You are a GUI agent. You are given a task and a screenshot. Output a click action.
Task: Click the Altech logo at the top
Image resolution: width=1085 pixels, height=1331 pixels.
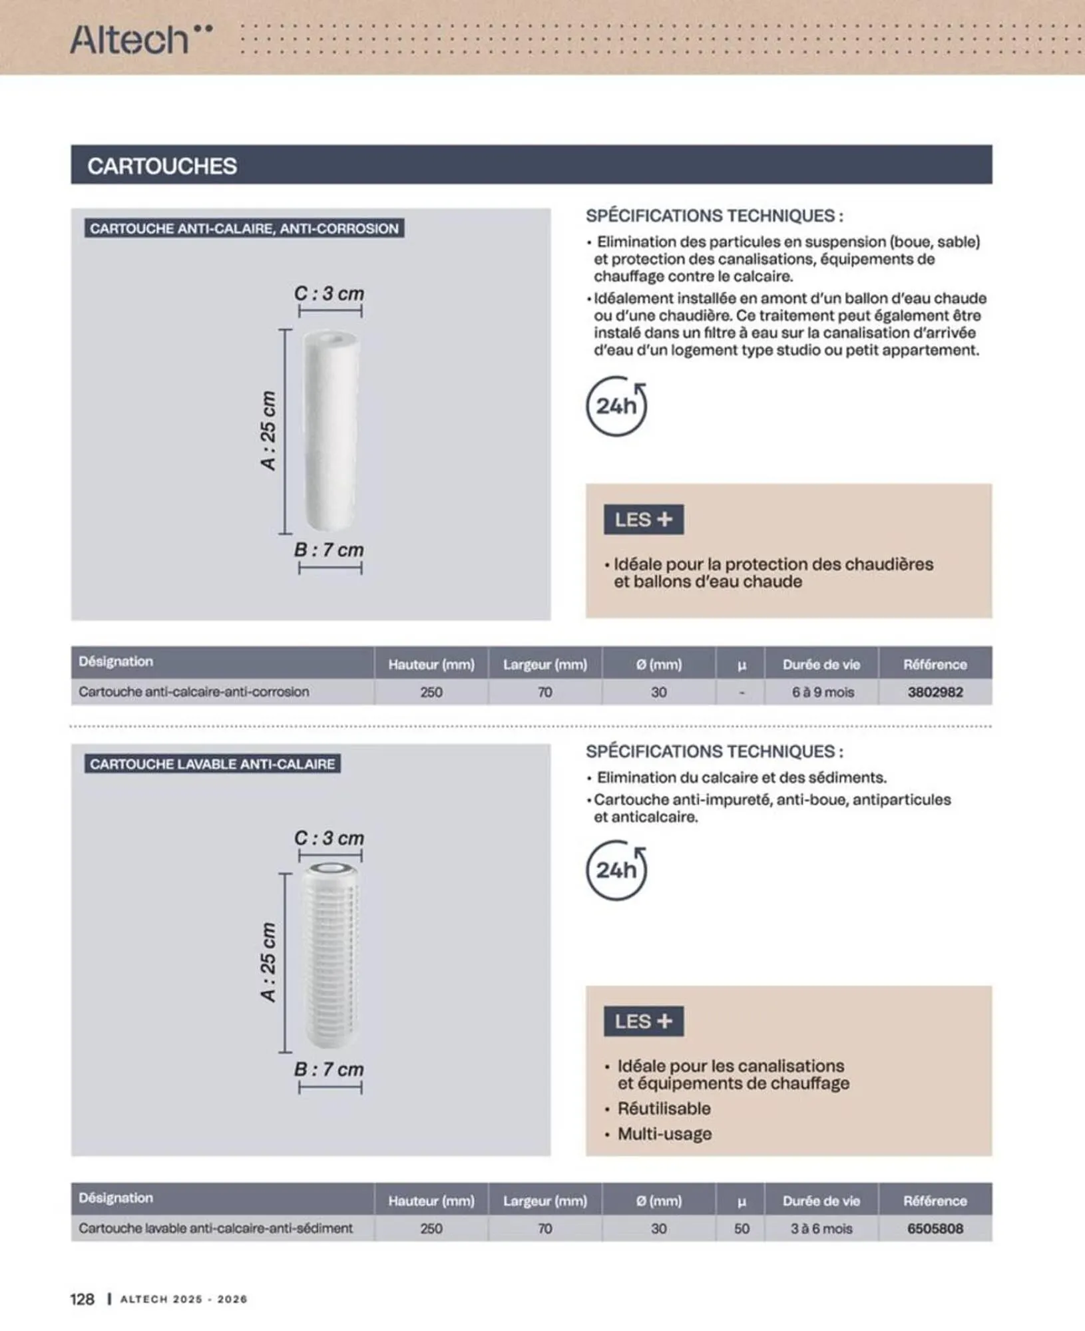[x=142, y=39]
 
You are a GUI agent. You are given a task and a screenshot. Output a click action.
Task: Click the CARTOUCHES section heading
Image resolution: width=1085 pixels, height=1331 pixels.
[x=162, y=166]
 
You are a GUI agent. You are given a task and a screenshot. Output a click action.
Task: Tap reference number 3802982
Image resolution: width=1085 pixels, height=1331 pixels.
[x=935, y=692]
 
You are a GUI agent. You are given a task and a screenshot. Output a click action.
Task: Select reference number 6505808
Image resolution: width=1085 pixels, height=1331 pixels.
[x=935, y=1229]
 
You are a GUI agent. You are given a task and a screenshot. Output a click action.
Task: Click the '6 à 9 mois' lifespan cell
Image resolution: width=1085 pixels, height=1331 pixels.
[x=823, y=692]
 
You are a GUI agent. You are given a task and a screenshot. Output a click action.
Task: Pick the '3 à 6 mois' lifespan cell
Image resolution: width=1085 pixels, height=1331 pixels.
[x=821, y=1229]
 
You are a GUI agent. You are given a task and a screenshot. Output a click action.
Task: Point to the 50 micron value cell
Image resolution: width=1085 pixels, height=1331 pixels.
[x=742, y=1229]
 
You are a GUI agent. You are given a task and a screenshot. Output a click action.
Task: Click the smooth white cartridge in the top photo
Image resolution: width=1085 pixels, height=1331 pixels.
[x=331, y=431]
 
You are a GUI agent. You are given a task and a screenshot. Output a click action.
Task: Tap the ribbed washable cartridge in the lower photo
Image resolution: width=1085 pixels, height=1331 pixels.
[x=331, y=956]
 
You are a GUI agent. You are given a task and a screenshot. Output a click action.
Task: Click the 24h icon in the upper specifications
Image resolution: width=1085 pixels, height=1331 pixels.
[x=616, y=406]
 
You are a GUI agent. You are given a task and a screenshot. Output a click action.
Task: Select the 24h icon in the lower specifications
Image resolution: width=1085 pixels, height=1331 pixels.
[x=616, y=870]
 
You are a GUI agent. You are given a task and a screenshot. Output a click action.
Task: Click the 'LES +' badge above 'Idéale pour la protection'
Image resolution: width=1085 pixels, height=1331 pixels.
[x=644, y=519]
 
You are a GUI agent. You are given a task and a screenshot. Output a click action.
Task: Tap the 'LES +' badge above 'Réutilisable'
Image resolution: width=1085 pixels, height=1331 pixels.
[x=644, y=1021]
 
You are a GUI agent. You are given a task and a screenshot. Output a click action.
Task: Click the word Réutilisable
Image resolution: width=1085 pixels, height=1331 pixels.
[x=664, y=1108]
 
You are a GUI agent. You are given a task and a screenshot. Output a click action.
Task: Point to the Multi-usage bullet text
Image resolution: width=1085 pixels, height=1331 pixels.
[x=664, y=1133]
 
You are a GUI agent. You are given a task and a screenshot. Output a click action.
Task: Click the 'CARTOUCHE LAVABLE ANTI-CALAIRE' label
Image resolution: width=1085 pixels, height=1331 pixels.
[x=212, y=763]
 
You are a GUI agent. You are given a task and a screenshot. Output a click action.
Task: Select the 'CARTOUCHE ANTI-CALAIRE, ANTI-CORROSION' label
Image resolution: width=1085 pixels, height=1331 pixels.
[x=244, y=228]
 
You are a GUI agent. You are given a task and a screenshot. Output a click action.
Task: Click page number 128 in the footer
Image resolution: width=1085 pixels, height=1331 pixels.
[x=83, y=1298]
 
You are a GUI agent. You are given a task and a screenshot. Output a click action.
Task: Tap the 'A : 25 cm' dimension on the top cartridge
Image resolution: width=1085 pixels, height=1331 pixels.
[x=268, y=431]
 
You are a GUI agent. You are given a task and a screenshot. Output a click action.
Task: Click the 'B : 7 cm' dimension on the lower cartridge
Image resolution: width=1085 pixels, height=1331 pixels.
[x=329, y=1069]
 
